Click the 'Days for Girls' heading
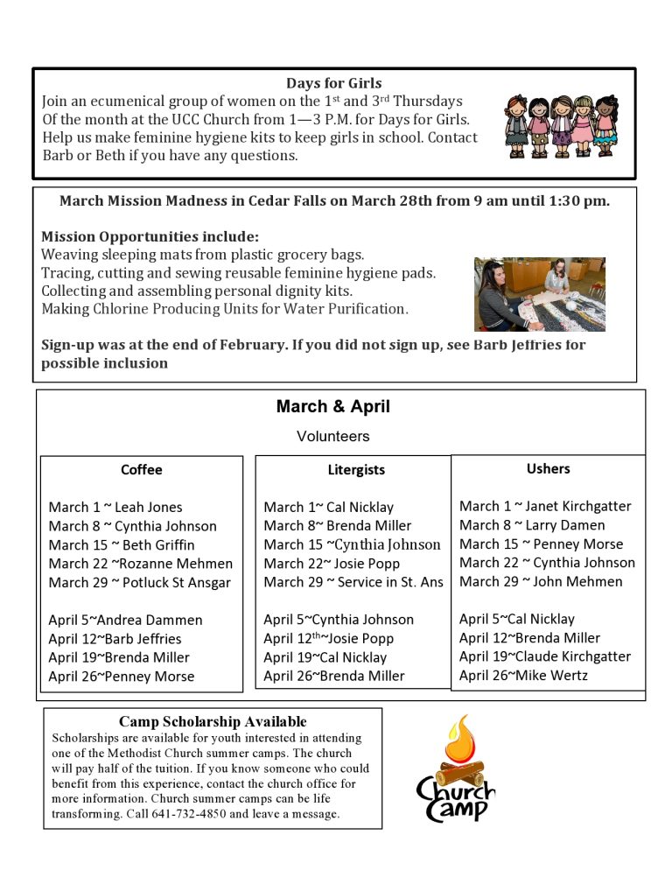point(333,84)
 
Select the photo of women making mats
point(539,294)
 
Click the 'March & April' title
point(333,407)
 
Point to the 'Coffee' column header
point(142,470)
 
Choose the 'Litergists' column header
point(356,470)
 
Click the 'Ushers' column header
point(549,469)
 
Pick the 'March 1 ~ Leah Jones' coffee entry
point(115,508)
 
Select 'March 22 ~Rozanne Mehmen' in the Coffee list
point(141,564)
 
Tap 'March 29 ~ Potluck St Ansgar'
point(140,583)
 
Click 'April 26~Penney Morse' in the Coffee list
point(122,677)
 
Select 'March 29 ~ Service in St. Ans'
point(353,582)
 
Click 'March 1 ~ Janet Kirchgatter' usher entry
point(545,506)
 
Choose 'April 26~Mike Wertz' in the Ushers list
point(523,675)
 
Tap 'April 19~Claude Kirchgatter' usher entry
point(545,656)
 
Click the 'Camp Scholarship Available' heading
point(213,722)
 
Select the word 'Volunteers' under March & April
point(333,436)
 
